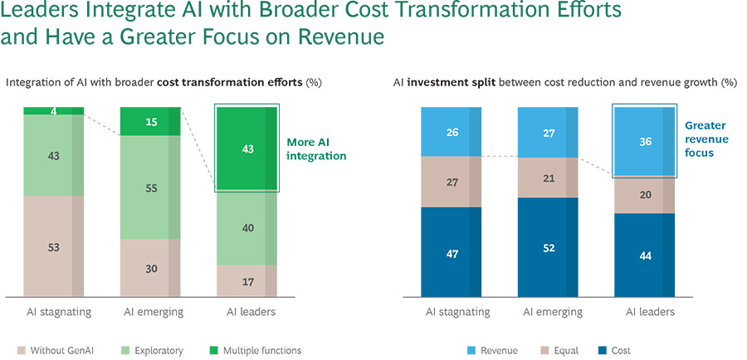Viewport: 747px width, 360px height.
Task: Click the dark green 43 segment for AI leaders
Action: (247, 148)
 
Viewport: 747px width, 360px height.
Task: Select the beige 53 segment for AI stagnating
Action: (53, 246)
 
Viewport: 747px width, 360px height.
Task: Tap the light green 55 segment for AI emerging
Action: (150, 188)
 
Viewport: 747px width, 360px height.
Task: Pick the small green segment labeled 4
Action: (53, 110)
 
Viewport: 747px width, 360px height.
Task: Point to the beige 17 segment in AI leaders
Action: (247, 280)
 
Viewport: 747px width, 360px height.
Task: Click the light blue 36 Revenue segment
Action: (643, 141)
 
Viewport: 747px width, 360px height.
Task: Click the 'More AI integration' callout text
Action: (316, 148)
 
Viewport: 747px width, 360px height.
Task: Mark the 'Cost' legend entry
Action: (615, 351)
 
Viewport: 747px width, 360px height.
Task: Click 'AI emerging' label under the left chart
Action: (150, 313)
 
